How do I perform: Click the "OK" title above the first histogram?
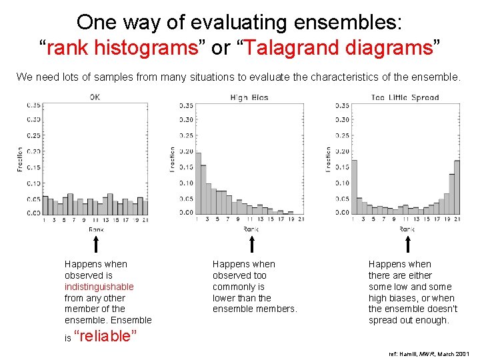click(95, 97)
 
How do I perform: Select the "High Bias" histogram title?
click(249, 97)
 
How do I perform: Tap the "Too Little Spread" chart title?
click(405, 97)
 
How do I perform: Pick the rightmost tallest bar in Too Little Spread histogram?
click(457, 186)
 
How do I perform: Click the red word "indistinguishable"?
click(99, 287)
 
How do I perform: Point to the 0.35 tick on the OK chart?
click(33, 105)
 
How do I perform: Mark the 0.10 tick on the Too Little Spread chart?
click(341, 183)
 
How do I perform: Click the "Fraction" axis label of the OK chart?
click(19, 160)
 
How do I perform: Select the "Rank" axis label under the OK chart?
click(96, 229)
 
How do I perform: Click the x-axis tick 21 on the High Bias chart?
click(301, 219)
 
